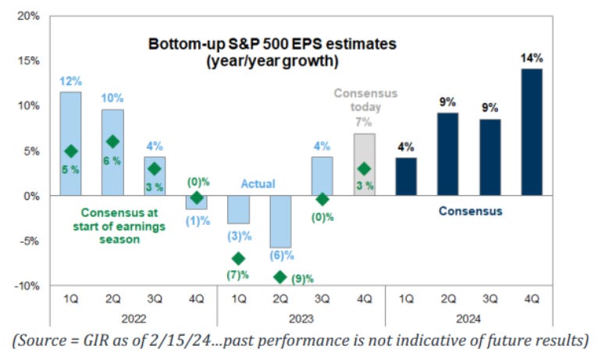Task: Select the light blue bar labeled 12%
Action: (70, 144)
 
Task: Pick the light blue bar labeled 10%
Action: (112, 152)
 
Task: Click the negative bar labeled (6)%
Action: (280, 221)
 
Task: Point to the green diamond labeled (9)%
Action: (280, 277)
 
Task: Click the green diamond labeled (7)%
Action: (238, 258)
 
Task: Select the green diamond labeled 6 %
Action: (112, 141)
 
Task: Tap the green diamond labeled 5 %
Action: (71, 151)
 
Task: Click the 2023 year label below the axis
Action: (301, 318)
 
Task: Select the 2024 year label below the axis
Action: (468, 318)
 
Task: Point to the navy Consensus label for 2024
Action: (469, 211)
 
